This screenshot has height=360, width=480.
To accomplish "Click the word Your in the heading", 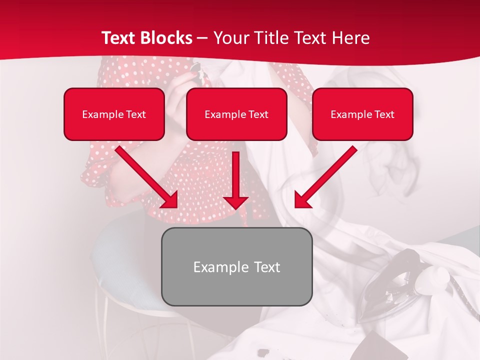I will tap(228, 38).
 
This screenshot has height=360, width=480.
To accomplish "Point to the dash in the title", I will tap(203, 38).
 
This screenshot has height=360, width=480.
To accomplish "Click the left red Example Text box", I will tap(114, 114).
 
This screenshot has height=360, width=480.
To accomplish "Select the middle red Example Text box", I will tap(236, 114).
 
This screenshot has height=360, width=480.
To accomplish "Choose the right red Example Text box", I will tap(362, 114).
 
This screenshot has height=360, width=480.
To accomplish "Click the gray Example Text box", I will tap(236, 267).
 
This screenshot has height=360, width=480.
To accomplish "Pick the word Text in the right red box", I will tap(383, 114).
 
